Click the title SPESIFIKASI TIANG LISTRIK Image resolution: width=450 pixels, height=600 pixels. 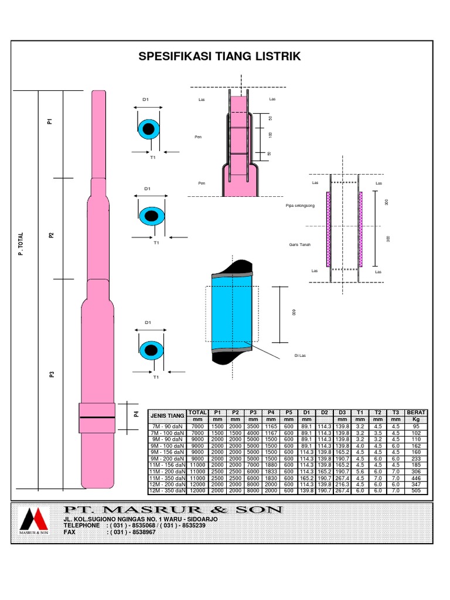pyautogui.click(x=219, y=56)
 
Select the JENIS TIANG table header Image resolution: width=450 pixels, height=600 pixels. pyautogui.click(x=168, y=415)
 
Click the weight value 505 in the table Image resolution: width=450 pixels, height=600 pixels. pyautogui.click(x=417, y=490)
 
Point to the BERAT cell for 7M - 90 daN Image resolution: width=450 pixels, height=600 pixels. pyautogui.click(x=417, y=426)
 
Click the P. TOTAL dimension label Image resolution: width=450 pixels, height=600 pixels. pyautogui.click(x=21, y=243)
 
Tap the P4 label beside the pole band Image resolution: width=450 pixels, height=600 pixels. pyautogui.click(x=135, y=414)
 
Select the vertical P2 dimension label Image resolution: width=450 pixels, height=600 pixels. pyautogui.click(x=52, y=235)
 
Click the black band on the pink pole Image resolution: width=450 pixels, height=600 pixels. pyautogui.click(x=97, y=417)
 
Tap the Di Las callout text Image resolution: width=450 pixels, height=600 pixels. pyautogui.click(x=300, y=356)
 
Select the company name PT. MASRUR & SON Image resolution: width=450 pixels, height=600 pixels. pyautogui.click(x=173, y=510)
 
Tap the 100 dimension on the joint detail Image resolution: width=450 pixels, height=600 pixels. pyautogui.click(x=270, y=135)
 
